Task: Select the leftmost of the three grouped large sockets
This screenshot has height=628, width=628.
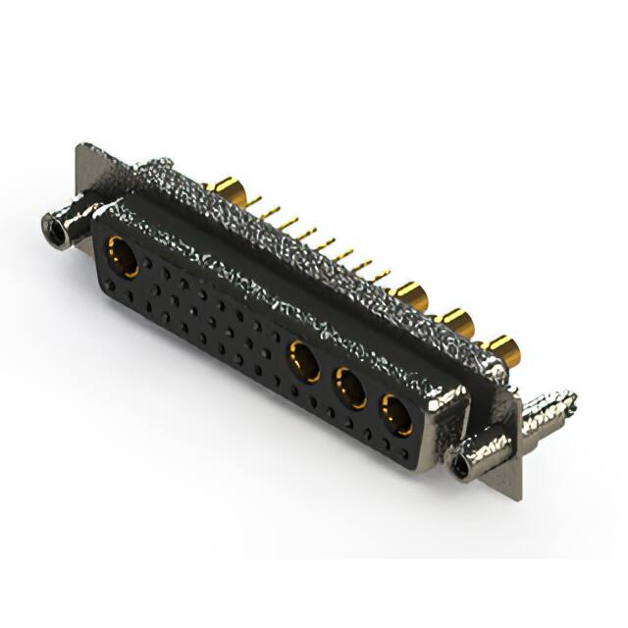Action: tap(303, 359)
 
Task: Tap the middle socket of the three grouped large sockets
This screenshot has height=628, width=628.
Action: tap(350, 388)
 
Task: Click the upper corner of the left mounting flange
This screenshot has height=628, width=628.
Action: tap(80, 149)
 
